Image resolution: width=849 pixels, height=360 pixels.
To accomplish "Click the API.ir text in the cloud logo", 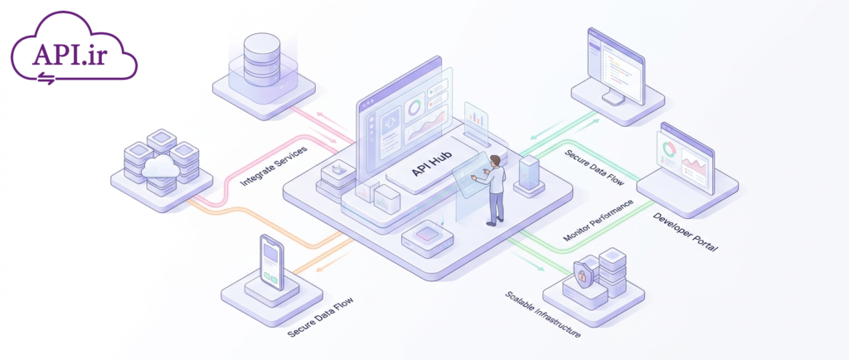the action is tap(69, 54).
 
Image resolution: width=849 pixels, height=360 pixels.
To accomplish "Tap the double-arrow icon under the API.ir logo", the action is tap(46, 79).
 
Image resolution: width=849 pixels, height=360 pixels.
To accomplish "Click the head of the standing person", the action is tap(494, 161).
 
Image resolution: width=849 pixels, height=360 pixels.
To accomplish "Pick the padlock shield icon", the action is tap(582, 274).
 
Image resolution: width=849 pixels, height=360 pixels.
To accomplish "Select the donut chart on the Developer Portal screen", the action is tap(669, 148).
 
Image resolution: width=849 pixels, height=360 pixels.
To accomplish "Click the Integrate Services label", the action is tap(274, 166).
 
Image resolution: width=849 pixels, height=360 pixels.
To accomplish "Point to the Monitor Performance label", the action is tap(598, 221).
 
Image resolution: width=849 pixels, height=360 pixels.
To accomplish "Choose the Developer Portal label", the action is tap(685, 232).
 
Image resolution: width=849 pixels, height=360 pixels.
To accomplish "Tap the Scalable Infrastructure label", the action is tap(543, 314).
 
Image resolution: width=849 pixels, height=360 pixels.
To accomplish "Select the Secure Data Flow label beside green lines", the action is tap(594, 168).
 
